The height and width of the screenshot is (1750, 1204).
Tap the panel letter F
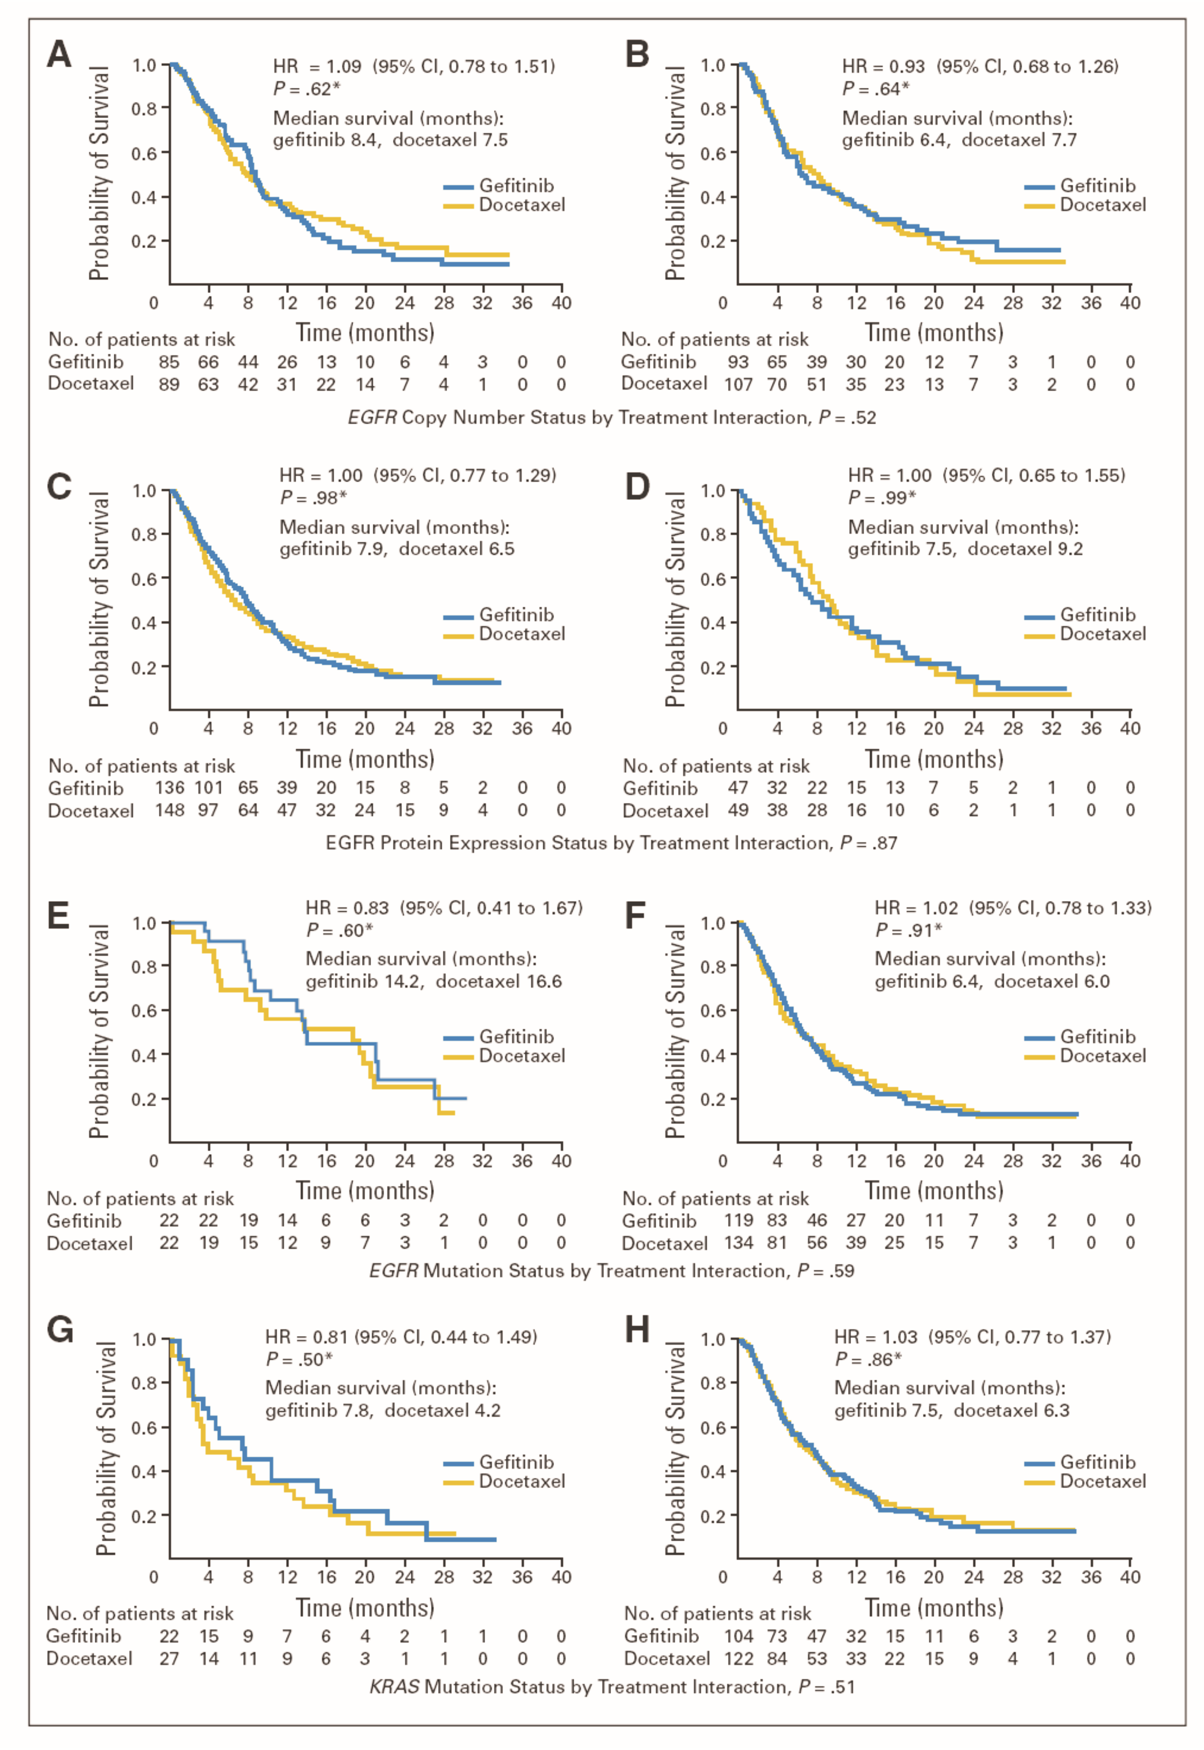coord(636,915)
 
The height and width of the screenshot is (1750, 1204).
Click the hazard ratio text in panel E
coord(444,908)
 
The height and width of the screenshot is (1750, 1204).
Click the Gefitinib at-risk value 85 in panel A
coord(169,362)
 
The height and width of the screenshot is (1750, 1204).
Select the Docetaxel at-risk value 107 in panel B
coord(739,384)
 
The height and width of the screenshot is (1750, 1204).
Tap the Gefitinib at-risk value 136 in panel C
coord(170,788)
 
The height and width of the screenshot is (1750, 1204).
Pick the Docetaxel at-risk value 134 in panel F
coord(739,1243)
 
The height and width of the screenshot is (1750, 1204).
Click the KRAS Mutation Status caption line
coord(612,1687)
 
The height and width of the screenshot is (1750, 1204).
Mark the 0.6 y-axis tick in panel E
coord(144,1010)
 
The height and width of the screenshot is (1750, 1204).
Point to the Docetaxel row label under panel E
coord(90,1243)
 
